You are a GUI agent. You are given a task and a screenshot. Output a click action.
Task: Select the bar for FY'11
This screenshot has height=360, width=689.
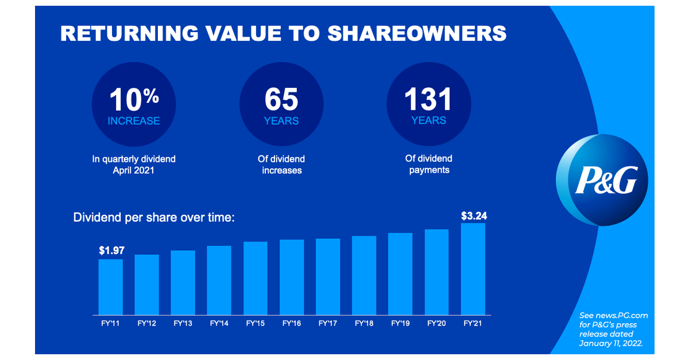pyautogui.click(x=110, y=287)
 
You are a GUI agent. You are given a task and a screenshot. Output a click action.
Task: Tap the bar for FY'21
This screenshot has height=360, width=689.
pyautogui.click(x=473, y=270)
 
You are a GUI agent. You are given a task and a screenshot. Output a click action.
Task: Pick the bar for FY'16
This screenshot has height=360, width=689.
pyautogui.click(x=292, y=278)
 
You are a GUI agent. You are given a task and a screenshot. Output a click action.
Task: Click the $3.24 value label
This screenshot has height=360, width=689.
pyautogui.click(x=473, y=216)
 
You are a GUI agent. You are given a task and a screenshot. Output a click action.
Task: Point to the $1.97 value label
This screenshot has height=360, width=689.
pyautogui.click(x=111, y=251)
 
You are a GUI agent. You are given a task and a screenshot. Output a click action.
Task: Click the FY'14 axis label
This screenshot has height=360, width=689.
pyautogui.click(x=219, y=323)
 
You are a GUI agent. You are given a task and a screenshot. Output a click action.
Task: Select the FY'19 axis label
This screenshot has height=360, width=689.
pyautogui.click(x=400, y=323)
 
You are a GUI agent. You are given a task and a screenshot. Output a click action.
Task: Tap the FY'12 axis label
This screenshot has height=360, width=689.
pyautogui.click(x=147, y=323)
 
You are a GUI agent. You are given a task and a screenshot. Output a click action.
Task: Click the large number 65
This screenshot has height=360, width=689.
pyautogui.click(x=281, y=99)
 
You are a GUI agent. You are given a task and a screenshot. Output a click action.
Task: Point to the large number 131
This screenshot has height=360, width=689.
pyautogui.click(x=428, y=99)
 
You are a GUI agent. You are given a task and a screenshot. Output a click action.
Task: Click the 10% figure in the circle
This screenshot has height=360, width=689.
pyautogui.click(x=134, y=99)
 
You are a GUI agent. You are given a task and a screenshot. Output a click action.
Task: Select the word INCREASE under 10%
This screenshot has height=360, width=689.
pyautogui.click(x=134, y=121)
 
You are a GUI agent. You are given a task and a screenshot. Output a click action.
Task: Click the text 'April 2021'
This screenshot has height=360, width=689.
pyautogui.click(x=134, y=171)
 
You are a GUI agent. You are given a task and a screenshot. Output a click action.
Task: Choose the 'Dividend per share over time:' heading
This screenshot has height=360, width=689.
pyautogui.click(x=154, y=218)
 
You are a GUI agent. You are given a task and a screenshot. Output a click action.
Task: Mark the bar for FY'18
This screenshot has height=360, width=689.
pyautogui.click(x=364, y=276)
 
